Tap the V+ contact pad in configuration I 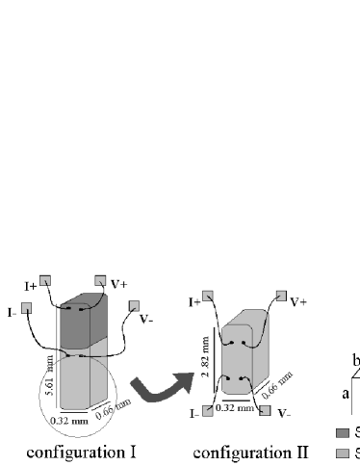100,280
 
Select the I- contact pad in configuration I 26,308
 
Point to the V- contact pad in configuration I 131,307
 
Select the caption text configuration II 249,451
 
